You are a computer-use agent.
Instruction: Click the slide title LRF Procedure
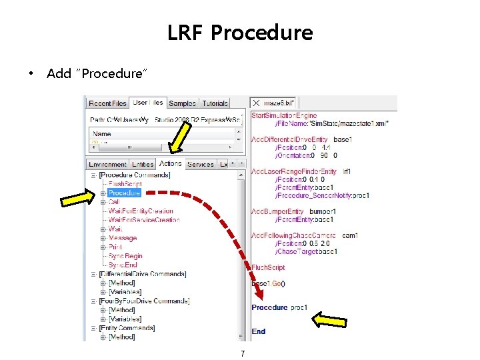tap(240, 32)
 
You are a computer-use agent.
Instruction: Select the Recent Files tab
tap(108, 103)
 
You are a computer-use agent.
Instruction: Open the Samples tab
tap(182, 103)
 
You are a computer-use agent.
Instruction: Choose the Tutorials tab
tap(215, 103)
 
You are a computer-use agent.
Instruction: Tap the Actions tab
tap(170, 163)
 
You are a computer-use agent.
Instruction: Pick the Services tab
tap(201, 164)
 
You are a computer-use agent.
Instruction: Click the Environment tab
tap(107, 164)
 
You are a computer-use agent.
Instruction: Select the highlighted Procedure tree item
tap(125, 193)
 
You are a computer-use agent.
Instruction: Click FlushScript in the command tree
tap(125, 184)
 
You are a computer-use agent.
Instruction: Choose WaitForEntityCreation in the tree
tap(140, 211)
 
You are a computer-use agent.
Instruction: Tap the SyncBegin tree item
tap(125, 256)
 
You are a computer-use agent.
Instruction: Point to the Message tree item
tap(123, 238)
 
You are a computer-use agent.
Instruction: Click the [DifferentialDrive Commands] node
tap(142, 274)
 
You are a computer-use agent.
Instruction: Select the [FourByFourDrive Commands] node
tap(144, 301)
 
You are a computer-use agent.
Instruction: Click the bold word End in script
tap(259, 331)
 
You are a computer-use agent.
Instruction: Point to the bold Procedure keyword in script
tap(270, 307)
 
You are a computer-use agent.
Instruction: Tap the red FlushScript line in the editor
tap(268, 267)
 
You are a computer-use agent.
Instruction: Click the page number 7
tap(243, 354)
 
